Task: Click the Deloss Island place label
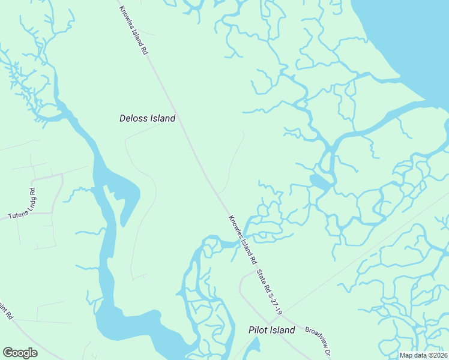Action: [147, 118]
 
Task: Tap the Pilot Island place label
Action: [272, 330]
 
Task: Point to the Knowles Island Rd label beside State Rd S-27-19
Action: [241, 239]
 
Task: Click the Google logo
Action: [20, 353]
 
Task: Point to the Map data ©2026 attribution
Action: [423, 355]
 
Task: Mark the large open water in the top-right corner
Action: [414, 36]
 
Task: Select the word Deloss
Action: [133, 118]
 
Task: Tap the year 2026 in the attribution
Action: [438, 355]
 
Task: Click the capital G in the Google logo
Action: [8, 353]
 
